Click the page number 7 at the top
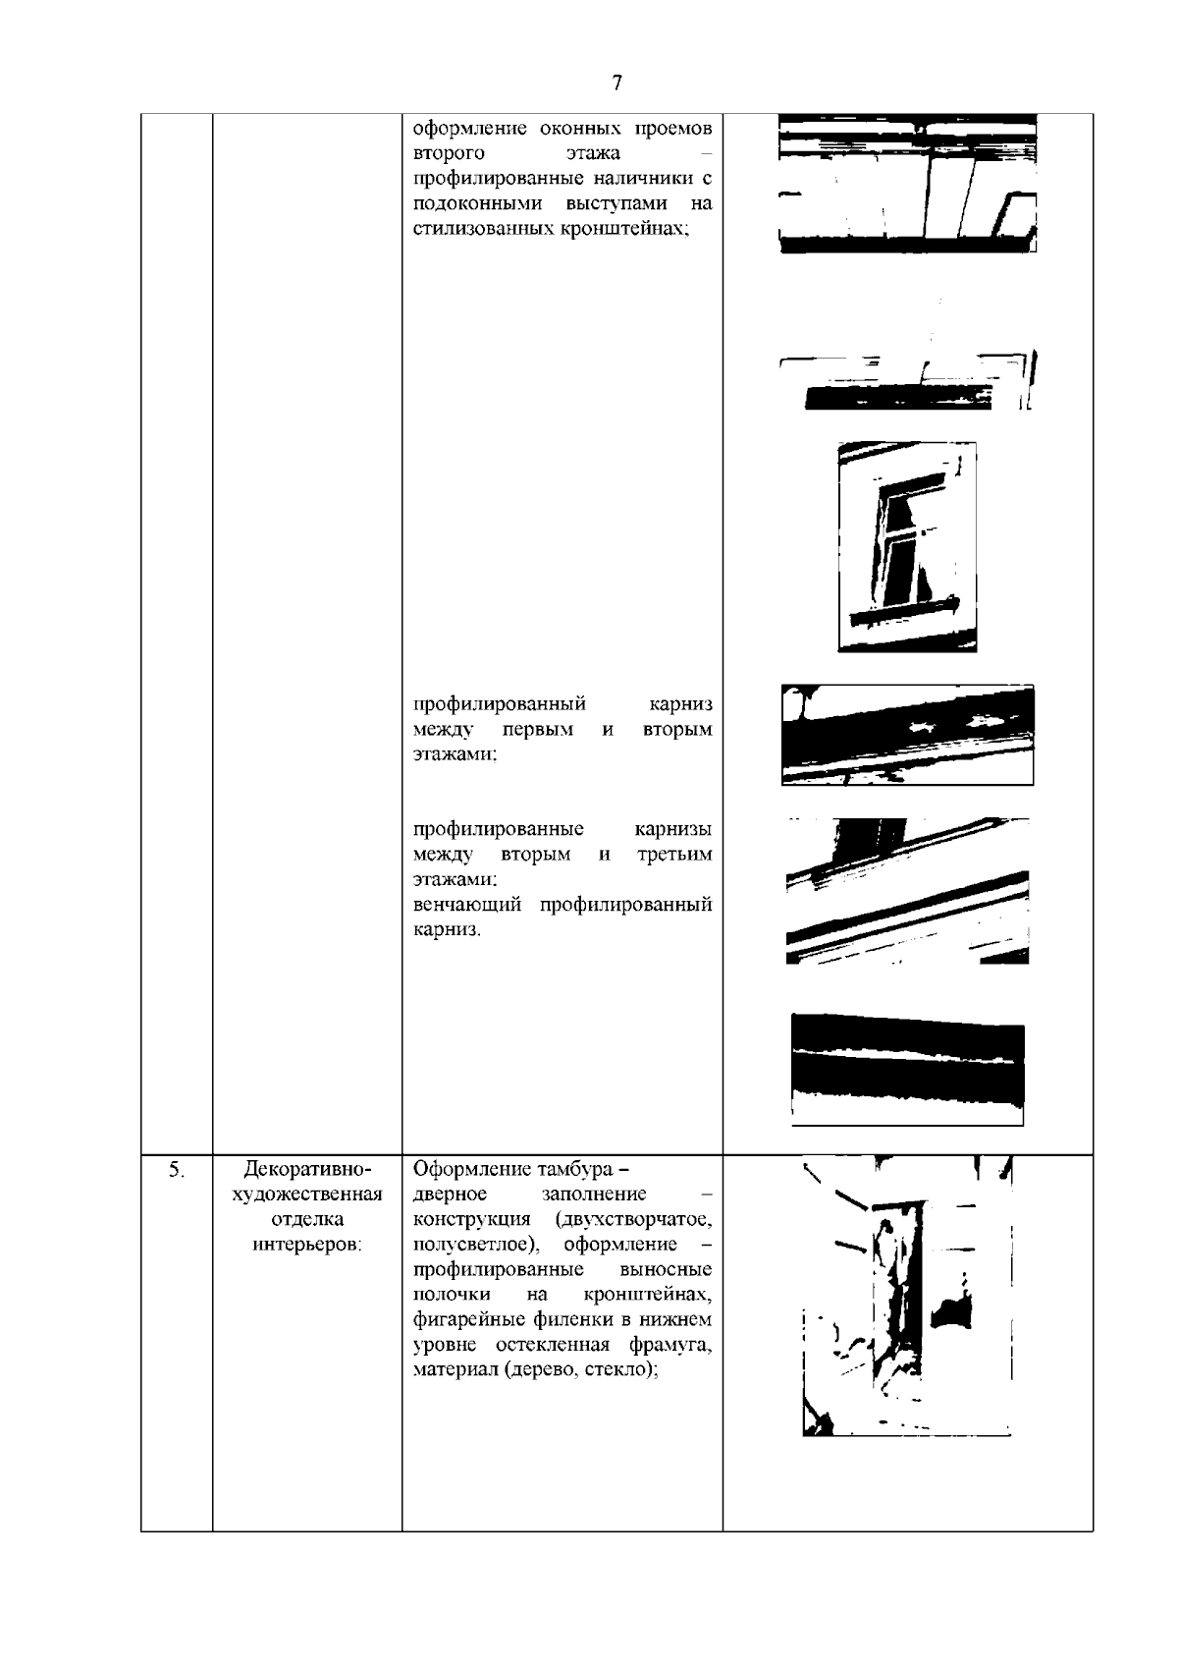[x=616, y=83]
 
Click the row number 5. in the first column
[x=176, y=1170]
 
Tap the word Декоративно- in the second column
[x=307, y=1170]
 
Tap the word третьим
[x=674, y=855]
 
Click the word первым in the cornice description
[x=537, y=730]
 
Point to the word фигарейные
[x=461, y=1320]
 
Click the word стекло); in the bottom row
[x=620, y=1370]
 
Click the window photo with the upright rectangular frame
[x=907, y=545]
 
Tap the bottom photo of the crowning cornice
[x=907, y=1069]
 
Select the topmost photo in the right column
[x=907, y=184]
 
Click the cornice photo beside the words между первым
[x=907, y=734]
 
